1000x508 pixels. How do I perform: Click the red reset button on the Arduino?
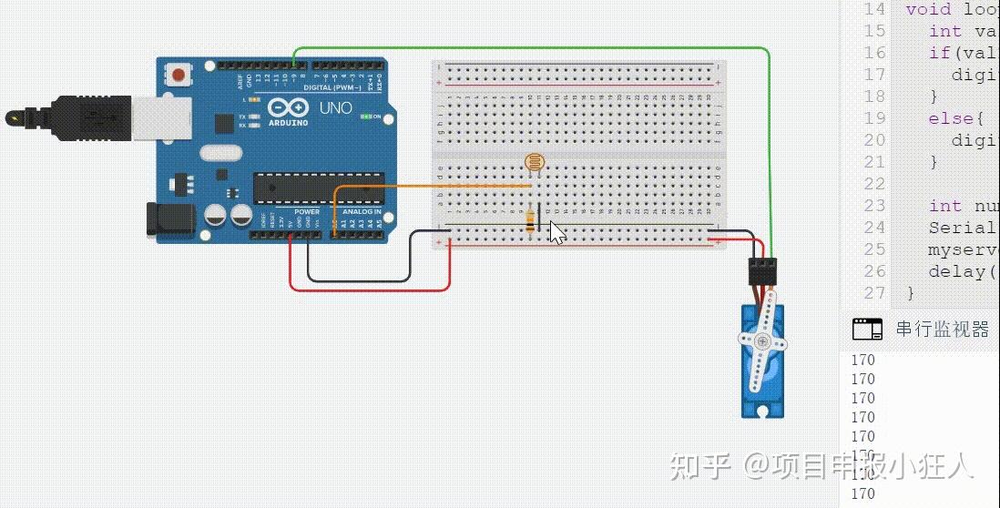(179, 74)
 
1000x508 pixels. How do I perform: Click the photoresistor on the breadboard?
(535, 164)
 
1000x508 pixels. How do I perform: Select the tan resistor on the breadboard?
(531, 221)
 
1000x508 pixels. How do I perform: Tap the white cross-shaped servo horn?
(761, 343)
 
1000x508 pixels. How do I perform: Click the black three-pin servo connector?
(761, 271)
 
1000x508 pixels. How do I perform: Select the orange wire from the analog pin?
(428, 186)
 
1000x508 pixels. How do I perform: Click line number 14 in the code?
(873, 9)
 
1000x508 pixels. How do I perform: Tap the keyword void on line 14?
(927, 9)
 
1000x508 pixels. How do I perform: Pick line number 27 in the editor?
(873, 293)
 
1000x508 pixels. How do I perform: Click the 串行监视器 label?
(942, 330)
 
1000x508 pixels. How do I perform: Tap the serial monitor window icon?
(867, 330)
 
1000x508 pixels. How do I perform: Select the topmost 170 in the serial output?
(862, 360)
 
